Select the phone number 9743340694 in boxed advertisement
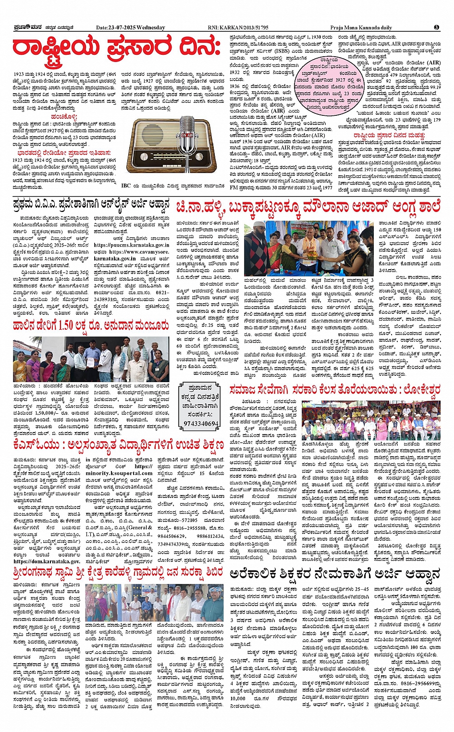pos(201,423)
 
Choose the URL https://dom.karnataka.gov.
pos(47,560)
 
